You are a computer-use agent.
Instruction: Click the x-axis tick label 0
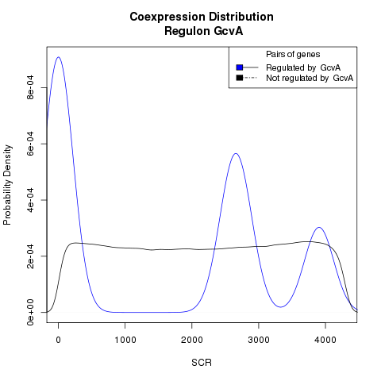58,340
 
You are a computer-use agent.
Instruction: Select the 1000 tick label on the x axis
125,340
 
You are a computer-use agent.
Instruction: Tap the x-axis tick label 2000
192,340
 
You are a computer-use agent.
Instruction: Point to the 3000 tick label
259,340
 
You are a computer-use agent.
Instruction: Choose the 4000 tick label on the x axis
325,340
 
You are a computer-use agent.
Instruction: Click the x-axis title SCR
202,363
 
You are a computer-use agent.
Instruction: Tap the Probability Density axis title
7,185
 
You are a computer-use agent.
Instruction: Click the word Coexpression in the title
167,17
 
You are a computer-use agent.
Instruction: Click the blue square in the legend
240,67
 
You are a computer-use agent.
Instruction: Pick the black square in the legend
240,78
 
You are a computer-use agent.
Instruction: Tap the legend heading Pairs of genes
293,55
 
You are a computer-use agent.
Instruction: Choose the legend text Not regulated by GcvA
310,78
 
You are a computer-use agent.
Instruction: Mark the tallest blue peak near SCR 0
58,57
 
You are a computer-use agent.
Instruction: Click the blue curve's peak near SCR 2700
236,153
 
